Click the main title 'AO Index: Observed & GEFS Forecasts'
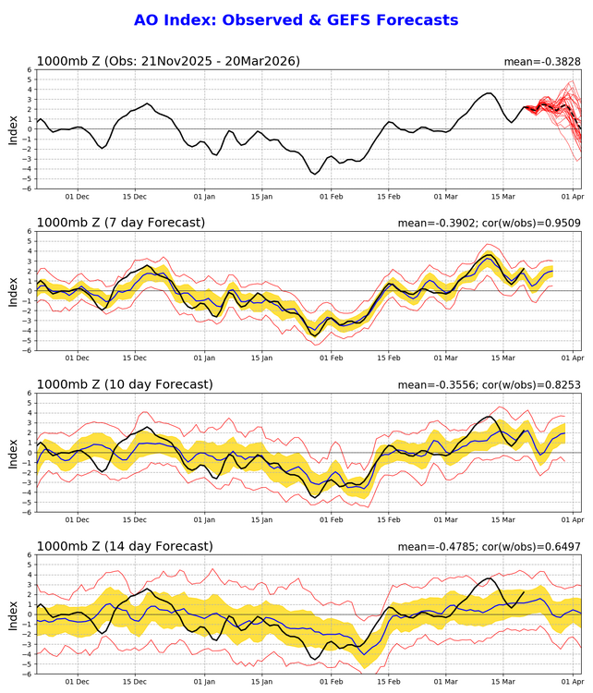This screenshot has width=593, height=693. click(296, 19)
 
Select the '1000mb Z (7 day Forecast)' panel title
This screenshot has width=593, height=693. click(121, 222)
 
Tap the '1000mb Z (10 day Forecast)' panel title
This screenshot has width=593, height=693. click(125, 383)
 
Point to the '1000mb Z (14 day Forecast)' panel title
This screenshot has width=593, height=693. click(125, 546)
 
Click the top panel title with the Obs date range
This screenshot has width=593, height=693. click(168, 62)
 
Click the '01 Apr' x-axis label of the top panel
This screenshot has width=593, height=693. click(572, 197)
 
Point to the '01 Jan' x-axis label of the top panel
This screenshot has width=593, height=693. click(204, 197)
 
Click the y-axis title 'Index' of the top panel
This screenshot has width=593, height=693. click(13, 129)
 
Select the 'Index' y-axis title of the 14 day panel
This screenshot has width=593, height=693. click(13, 614)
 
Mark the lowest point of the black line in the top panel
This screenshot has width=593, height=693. click(315, 174)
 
